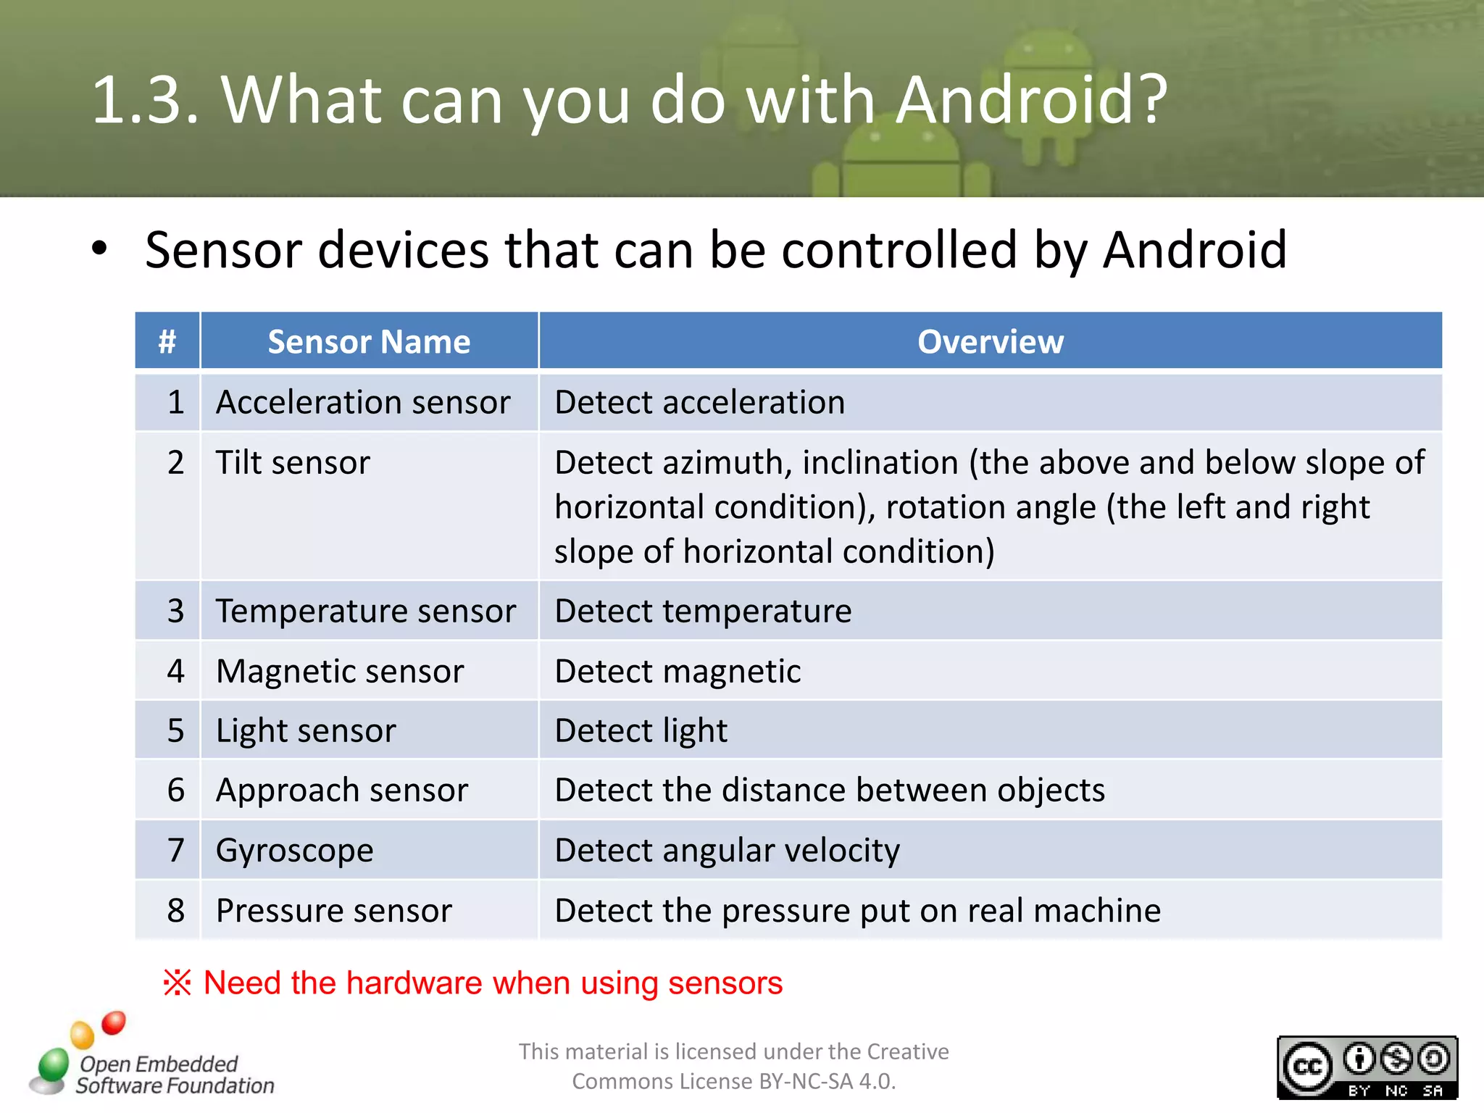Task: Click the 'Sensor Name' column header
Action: [369, 341]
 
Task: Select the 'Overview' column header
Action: [990, 341]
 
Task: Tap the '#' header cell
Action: [167, 341]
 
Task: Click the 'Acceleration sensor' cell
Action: [363, 402]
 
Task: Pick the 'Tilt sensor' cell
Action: [293, 462]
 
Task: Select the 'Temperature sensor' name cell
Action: [366, 611]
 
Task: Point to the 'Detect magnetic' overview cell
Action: [678, 671]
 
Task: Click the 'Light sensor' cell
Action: [306, 730]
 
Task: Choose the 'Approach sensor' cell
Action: [342, 790]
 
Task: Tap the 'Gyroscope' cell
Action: [295, 850]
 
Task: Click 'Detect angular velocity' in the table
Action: [727, 850]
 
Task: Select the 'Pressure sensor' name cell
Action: [334, 910]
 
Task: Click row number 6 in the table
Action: [175, 790]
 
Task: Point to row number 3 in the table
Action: [175, 611]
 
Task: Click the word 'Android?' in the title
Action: [1031, 100]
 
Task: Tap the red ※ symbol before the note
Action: [178, 983]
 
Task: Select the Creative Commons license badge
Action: [1367, 1067]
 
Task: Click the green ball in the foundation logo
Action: [53, 1064]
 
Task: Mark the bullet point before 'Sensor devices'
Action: [99, 249]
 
